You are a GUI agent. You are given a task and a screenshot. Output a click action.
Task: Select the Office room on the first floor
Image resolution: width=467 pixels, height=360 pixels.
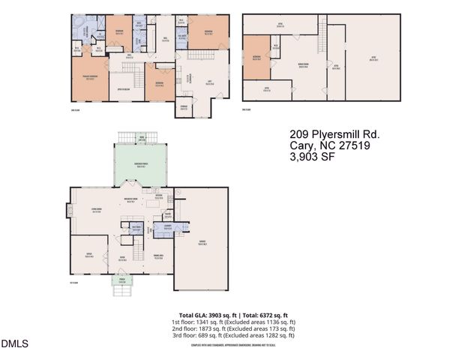(x=88, y=255)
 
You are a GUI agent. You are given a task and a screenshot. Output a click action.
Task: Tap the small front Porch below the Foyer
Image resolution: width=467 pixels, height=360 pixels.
(x=121, y=283)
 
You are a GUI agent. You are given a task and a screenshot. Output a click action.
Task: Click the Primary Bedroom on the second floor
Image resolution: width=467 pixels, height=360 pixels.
(x=89, y=79)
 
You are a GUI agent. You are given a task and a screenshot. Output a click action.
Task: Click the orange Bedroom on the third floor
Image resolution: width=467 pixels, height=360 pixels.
(x=256, y=57)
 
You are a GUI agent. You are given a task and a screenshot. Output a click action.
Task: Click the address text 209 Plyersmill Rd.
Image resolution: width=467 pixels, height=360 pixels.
(x=334, y=134)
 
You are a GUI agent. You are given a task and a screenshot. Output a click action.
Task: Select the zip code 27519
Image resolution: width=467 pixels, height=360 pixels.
(x=360, y=146)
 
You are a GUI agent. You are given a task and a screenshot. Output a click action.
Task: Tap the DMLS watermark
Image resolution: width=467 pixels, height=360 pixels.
(x=14, y=344)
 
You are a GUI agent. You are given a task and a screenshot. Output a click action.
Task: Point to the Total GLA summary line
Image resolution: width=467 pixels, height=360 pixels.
(x=233, y=315)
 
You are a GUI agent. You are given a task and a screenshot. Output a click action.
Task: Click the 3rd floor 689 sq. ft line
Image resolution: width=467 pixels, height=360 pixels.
(x=233, y=334)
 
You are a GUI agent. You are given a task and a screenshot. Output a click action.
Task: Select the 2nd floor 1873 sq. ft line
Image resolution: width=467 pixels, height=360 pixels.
(x=233, y=328)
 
